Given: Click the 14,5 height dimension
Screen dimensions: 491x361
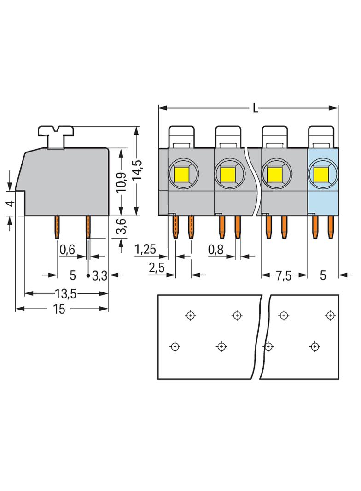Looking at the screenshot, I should pos(137,171).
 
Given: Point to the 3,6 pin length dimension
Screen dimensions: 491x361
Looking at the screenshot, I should pos(122,228).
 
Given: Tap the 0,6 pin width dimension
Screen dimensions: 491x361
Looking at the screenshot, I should pos(67,250).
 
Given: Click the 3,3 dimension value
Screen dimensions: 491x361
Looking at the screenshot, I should pos(100,276).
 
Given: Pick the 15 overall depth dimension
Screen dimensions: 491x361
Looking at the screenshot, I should pos(59,310).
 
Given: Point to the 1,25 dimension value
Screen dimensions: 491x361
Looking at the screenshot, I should pos(145,250).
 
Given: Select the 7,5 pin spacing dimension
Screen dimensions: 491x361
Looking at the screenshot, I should pos(284,276).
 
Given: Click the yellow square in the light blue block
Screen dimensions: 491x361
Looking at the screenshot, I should pos(320,174).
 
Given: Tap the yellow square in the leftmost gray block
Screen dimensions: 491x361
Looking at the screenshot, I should pos(183,174).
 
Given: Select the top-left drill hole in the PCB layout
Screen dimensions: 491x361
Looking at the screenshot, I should pos(190,316).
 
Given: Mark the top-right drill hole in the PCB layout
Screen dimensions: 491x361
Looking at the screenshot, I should pos(330,316).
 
